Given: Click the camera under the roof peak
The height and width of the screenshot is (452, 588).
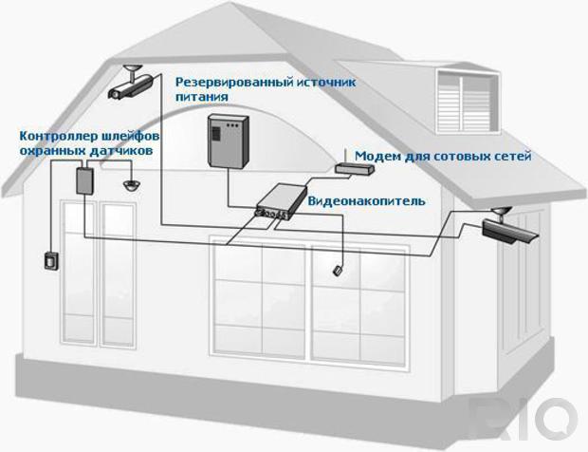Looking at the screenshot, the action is pos(131,84).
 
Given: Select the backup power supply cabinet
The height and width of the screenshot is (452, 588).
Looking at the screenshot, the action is pos(229,141).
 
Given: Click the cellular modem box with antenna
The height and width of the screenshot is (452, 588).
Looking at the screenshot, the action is pos(355,167).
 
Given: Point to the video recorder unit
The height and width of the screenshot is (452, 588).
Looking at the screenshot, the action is pos(281,201).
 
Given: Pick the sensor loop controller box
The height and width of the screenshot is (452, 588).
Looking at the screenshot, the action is pos(85,181).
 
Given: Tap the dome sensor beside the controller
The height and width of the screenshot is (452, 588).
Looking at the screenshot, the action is pos(131,185).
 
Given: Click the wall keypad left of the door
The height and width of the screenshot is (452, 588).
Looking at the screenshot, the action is pos(50,260).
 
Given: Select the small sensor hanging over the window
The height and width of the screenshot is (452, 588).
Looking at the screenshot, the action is pos(338,271).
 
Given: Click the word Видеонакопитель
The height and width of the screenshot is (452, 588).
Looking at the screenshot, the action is pos(367,201).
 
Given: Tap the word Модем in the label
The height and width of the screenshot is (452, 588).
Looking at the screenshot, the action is pos(377,156).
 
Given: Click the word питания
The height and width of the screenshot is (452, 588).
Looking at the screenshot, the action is pos(202,97).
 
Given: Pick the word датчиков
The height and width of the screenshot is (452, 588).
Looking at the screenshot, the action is pos(121,151).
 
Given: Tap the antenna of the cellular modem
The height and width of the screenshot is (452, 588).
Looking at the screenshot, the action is pos(345,158).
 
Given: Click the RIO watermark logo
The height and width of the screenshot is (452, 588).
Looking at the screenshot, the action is pos(524,418).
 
